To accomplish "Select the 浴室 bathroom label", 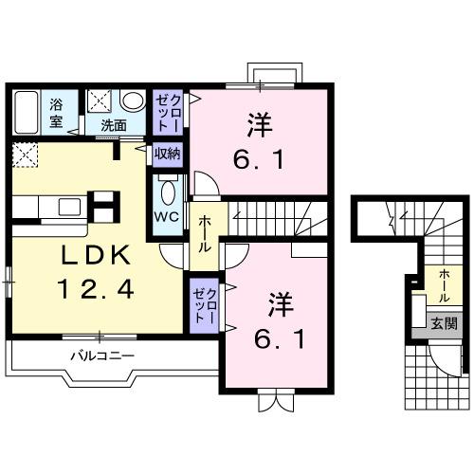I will [56, 113].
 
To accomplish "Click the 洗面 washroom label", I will [114, 124].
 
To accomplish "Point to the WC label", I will [167, 215].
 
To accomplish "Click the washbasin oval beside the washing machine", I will [133, 101].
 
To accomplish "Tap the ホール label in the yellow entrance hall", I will [444, 283].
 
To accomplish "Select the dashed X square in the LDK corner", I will [25, 155].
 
